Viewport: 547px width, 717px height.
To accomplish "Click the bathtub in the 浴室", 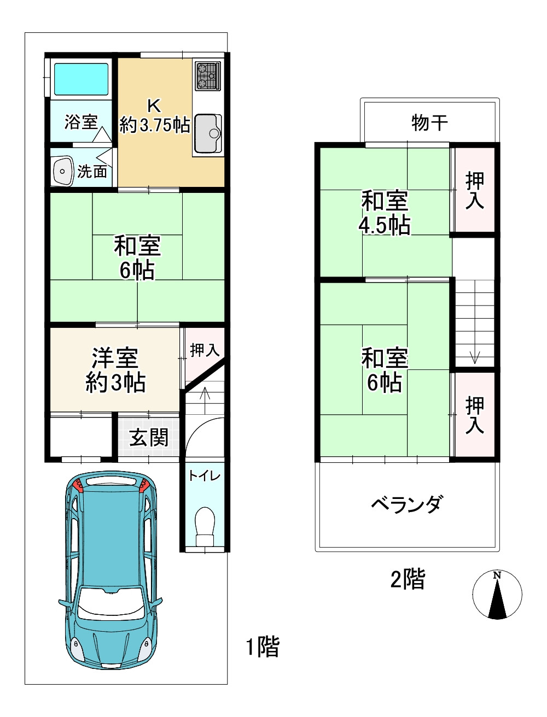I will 81,79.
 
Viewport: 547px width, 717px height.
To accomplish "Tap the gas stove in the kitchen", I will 207,75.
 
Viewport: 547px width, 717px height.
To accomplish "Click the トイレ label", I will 205,475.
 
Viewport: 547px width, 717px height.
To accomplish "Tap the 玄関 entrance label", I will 149,437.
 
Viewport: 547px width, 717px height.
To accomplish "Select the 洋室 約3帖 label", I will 115,371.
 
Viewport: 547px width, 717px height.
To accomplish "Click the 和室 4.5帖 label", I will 385,213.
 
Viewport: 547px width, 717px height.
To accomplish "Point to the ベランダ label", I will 406,504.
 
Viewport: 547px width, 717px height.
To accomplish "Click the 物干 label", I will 429,122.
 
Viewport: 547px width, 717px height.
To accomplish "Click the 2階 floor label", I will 408,579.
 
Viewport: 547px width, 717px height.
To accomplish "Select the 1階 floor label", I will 262,647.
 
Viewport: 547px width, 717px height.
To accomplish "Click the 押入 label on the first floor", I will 205,350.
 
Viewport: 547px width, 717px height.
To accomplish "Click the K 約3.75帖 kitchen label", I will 155,116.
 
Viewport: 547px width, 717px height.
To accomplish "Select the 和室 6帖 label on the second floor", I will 385,371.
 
